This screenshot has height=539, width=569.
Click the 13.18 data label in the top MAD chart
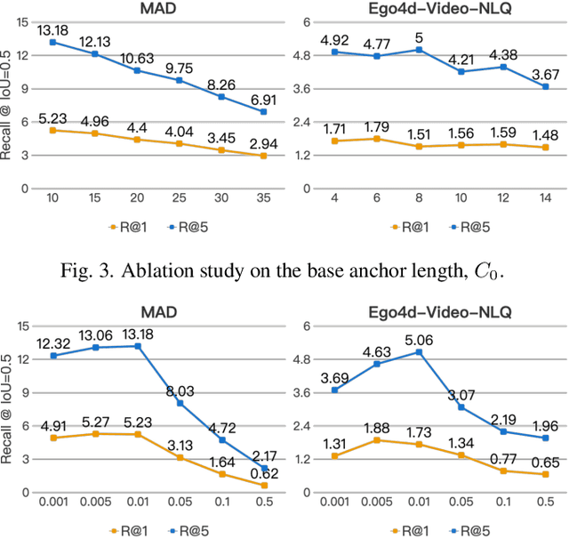click(x=53, y=32)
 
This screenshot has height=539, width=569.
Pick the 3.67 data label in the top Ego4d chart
click(x=542, y=75)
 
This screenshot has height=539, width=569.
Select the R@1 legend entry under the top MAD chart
click(x=128, y=226)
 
